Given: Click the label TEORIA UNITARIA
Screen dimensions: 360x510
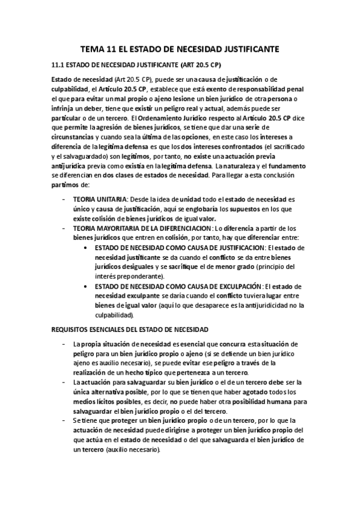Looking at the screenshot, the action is pos(100,198).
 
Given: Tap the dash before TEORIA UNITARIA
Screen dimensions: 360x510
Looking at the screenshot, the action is pos(64,198).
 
